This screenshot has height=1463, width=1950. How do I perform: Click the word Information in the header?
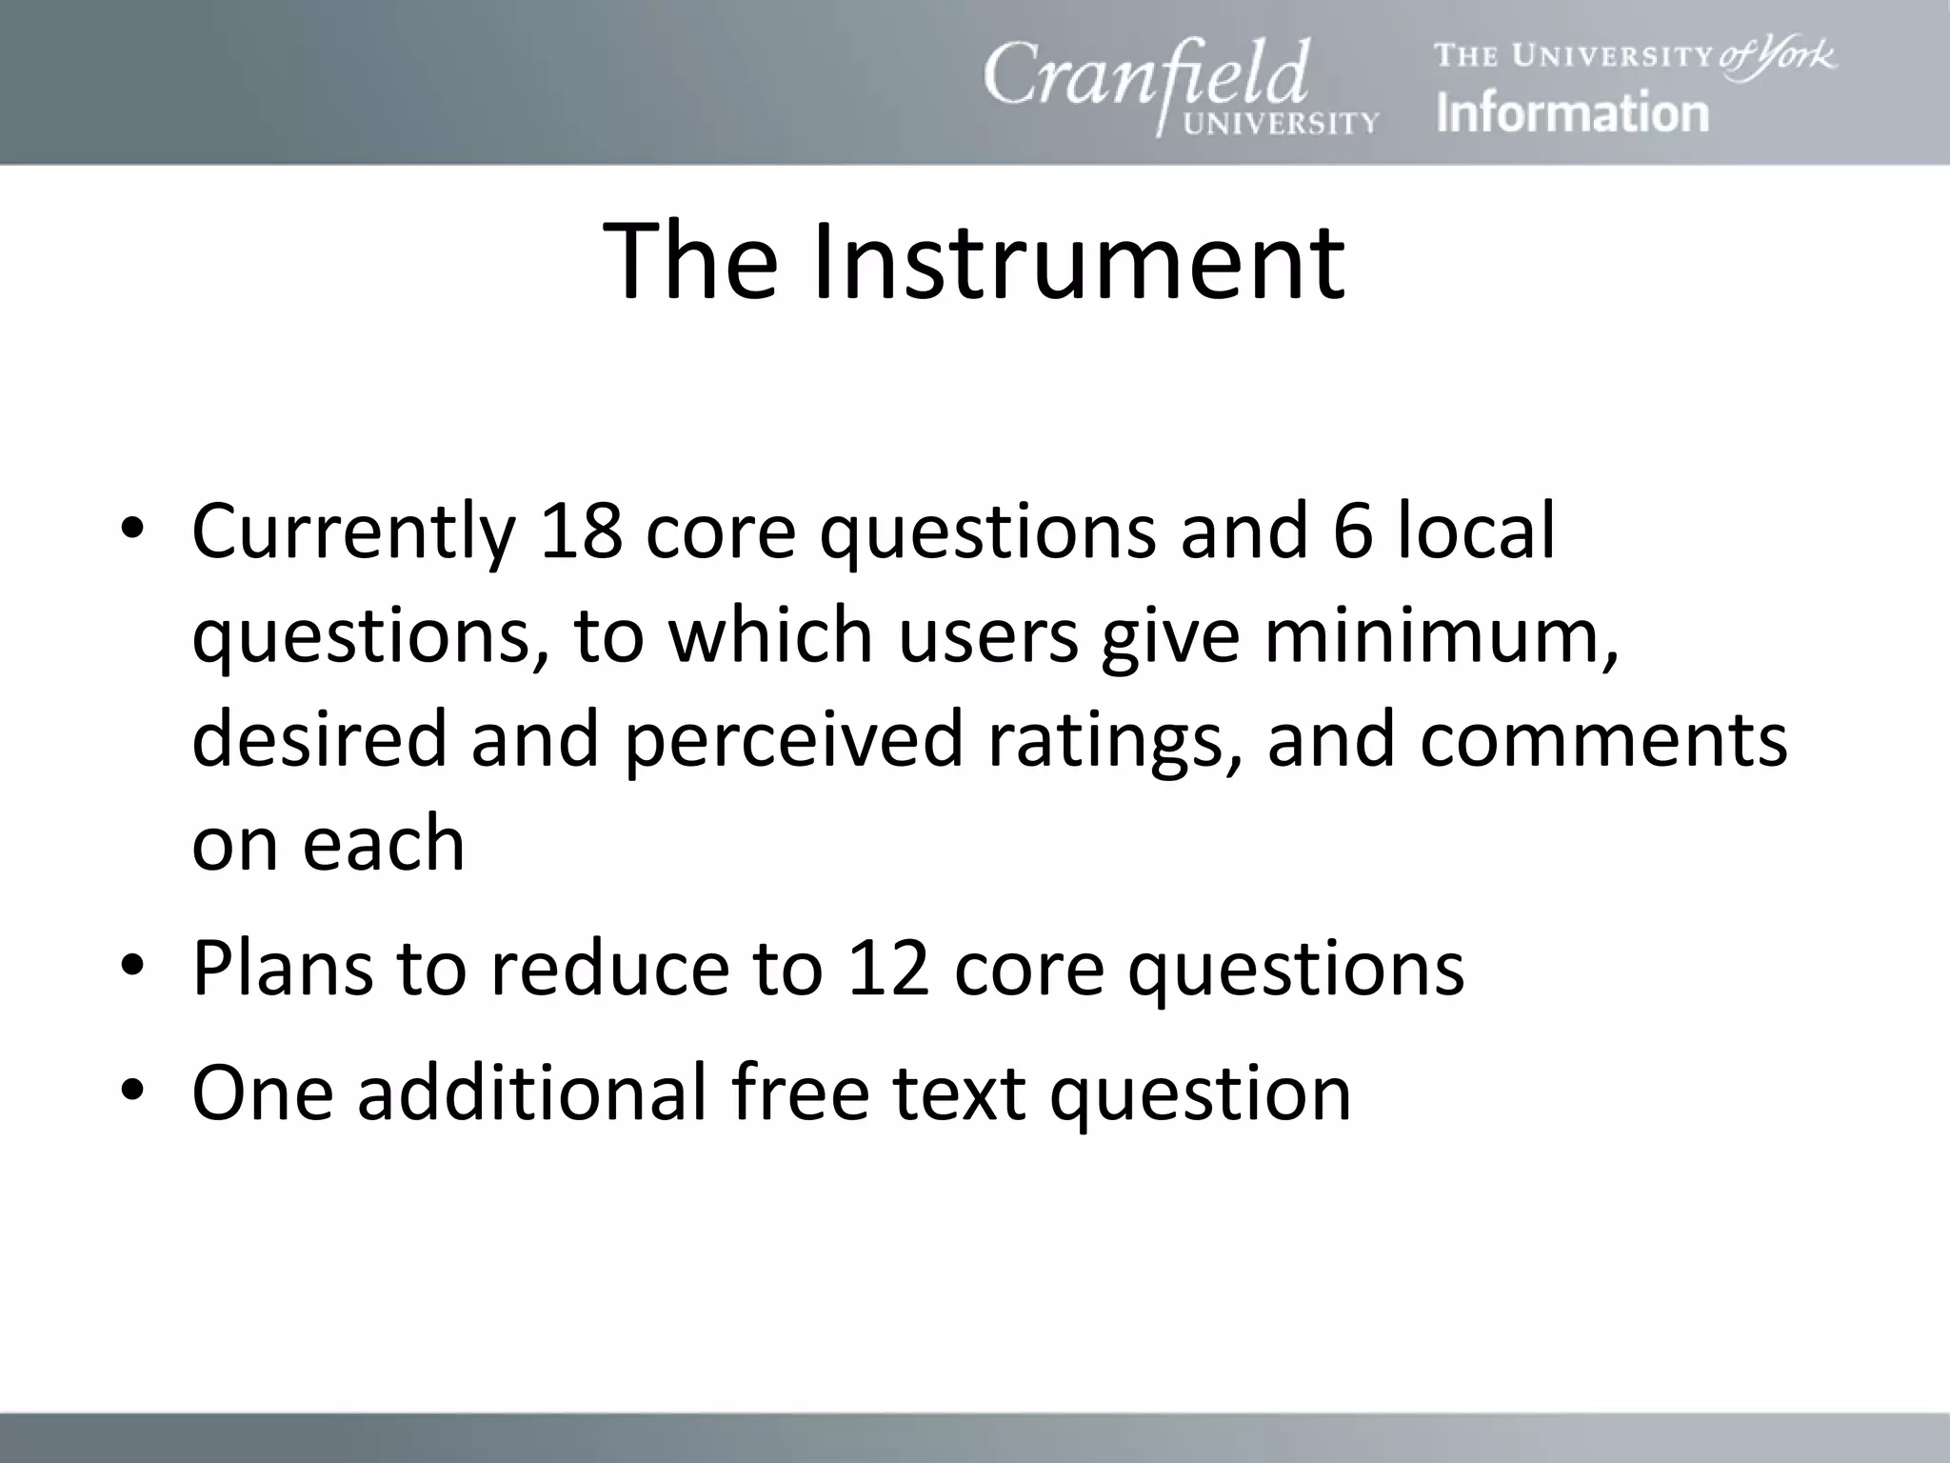[1572, 112]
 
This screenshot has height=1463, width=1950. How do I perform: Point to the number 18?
[581, 531]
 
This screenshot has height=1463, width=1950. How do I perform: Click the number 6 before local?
[1353, 531]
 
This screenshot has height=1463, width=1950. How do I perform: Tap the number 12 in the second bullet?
[887, 968]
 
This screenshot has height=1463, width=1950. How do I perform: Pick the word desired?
[319, 739]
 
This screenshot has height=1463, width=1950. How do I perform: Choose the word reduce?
[609, 968]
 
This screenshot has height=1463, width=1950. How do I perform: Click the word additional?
[532, 1092]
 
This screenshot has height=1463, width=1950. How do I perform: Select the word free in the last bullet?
[801, 1092]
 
